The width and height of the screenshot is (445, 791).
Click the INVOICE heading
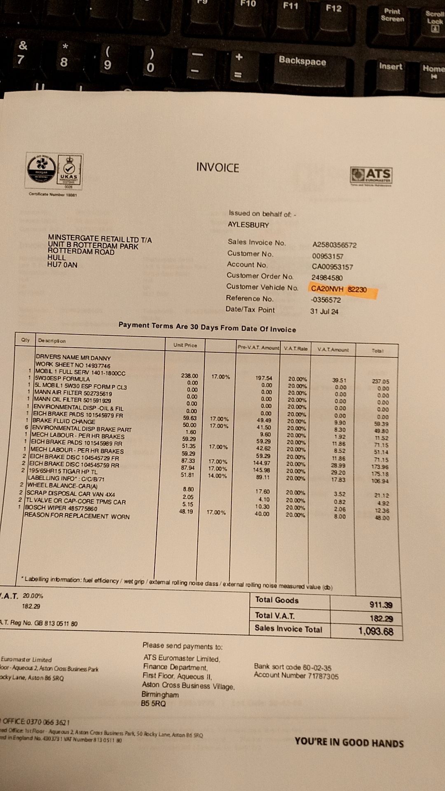tap(218, 168)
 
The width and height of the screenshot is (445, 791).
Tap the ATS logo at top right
tap(371, 176)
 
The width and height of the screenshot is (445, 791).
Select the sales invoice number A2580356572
tap(334, 245)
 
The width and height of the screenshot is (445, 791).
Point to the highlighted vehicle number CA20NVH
tap(327, 289)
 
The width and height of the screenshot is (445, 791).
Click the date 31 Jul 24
tap(324, 311)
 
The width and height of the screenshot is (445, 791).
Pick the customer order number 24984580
tap(327, 278)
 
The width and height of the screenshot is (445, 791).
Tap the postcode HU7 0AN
tap(62, 265)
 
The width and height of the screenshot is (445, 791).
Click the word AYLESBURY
tap(248, 225)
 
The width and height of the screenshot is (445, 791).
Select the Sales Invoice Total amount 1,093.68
tap(375, 631)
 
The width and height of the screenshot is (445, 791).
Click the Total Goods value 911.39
tap(381, 605)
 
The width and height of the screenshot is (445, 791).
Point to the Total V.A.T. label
tap(275, 615)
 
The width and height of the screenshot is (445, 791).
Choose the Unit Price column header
tap(185, 345)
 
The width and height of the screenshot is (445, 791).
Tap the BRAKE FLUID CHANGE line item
tap(64, 421)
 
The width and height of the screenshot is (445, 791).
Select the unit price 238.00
tap(190, 376)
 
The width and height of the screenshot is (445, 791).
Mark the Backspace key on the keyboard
tap(302, 61)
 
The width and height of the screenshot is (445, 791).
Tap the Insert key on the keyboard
tap(390, 66)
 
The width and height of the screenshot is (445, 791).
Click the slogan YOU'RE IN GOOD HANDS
tap(349, 743)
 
